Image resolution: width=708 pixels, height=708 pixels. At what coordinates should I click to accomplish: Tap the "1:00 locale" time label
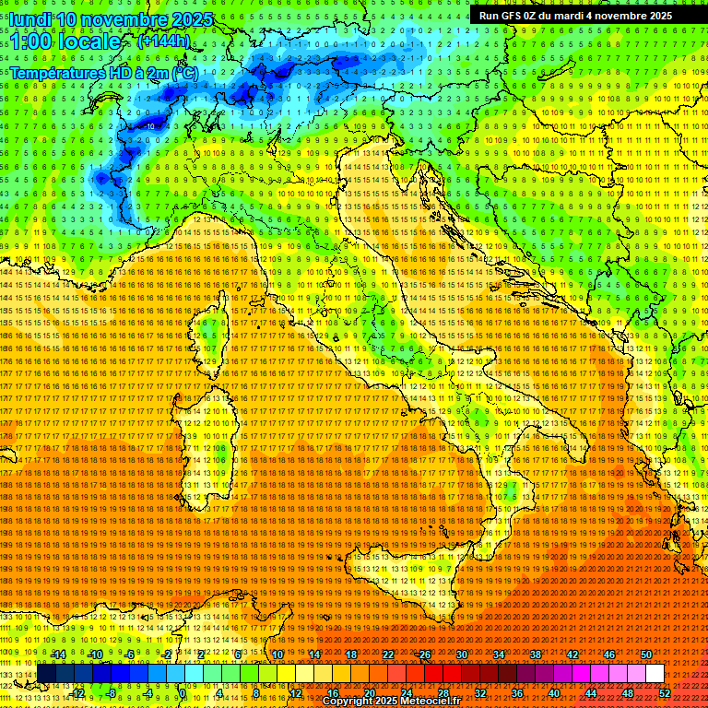point(66,41)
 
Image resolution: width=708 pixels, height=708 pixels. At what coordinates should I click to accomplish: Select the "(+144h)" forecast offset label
point(163,41)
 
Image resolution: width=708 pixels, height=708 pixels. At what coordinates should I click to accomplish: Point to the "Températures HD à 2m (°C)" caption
point(103,72)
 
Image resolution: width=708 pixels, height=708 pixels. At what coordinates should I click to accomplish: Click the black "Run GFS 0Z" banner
point(575,16)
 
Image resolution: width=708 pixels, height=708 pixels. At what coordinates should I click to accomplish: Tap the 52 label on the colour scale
point(665,693)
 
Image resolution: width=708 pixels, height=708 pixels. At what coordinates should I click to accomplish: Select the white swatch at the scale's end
point(655,674)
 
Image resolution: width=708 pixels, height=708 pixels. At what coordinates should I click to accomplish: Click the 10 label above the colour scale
point(277,655)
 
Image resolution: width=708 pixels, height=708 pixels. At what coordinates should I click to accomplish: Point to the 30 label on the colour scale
point(461,655)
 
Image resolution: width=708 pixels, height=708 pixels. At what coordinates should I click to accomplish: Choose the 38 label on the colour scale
point(535,655)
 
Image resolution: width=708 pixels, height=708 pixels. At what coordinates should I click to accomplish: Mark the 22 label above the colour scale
point(387,655)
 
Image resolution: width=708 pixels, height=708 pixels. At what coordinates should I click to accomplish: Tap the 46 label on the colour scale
point(608,655)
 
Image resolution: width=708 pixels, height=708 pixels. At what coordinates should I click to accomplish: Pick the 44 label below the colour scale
point(591,693)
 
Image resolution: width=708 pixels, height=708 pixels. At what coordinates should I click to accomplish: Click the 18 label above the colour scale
point(350,655)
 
